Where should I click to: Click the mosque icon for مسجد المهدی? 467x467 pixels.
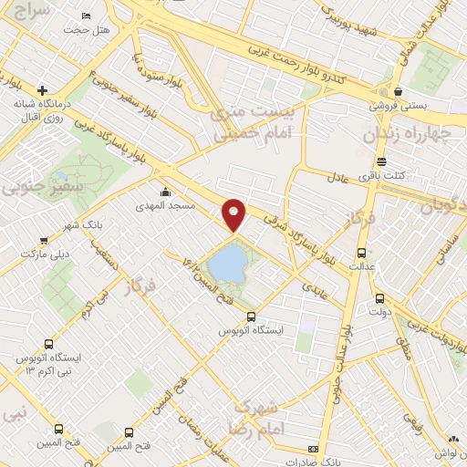click(164, 192)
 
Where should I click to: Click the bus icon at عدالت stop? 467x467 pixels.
click(361, 253)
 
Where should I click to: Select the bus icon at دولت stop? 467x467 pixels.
click(379, 298)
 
